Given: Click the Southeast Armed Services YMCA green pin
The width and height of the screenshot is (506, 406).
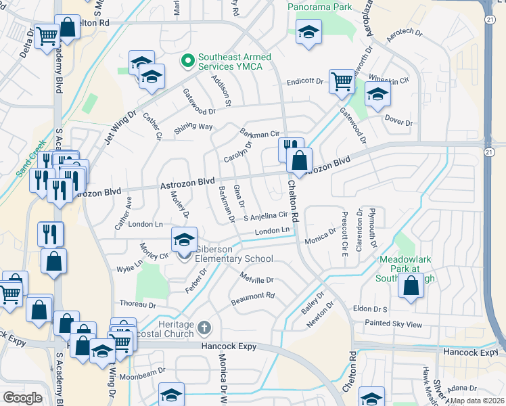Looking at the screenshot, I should (x=184, y=62).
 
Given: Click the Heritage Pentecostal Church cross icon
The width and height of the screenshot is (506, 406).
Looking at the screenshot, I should (x=206, y=330).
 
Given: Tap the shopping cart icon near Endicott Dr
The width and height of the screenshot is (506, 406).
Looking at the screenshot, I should (x=342, y=82).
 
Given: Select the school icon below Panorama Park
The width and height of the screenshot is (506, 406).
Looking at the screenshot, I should (x=308, y=31).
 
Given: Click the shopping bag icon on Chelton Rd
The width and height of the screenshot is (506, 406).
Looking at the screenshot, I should (x=298, y=161).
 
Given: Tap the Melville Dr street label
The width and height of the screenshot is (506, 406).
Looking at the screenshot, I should (x=256, y=278).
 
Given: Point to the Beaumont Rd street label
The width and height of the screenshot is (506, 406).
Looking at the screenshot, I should (x=252, y=296).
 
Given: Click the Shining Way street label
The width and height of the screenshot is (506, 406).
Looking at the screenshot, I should (x=193, y=127).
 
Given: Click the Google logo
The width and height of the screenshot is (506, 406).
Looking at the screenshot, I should (x=23, y=397).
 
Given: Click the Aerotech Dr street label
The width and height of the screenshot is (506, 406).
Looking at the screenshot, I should (x=405, y=37).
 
